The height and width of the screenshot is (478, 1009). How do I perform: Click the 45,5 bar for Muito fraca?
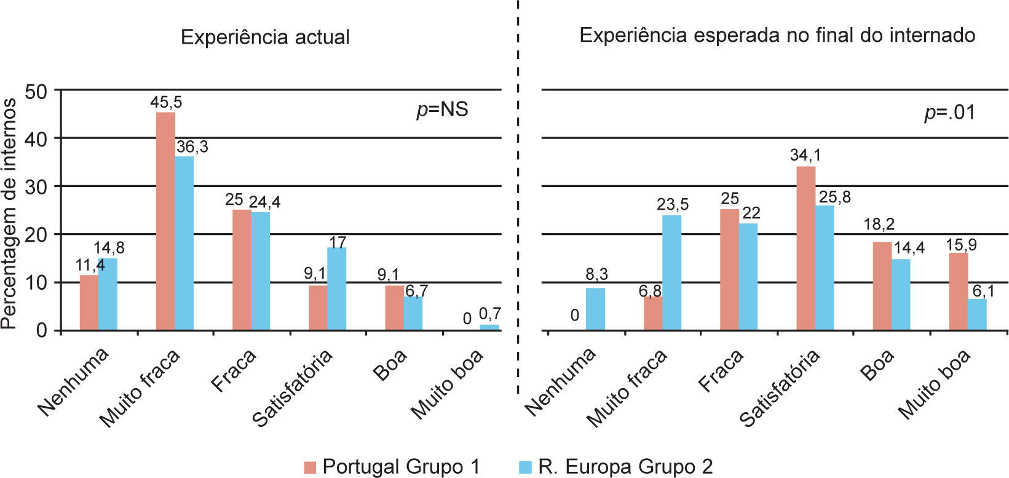coord(165,221)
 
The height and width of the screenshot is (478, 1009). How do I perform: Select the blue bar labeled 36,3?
coord(184,244)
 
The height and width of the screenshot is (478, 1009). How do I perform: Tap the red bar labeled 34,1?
coord(805,249)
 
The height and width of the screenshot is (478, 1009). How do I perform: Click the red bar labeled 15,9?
coord(958,292)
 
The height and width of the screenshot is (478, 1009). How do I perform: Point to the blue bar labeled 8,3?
coord(596,309)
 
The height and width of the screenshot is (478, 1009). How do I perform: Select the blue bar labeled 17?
coord(337,289)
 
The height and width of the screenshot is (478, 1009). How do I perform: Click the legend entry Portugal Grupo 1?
coord(392,466)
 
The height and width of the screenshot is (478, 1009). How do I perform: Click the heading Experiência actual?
coord(265,37)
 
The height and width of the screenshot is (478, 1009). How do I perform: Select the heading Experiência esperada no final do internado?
coord(777,34)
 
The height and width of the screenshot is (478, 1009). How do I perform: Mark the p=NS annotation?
coord(442,110)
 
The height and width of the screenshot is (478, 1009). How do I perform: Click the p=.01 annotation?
coord(950,113)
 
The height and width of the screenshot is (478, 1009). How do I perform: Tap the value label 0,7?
coord(490,315)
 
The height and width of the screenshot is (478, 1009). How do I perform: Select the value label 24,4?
coord(264,202)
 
